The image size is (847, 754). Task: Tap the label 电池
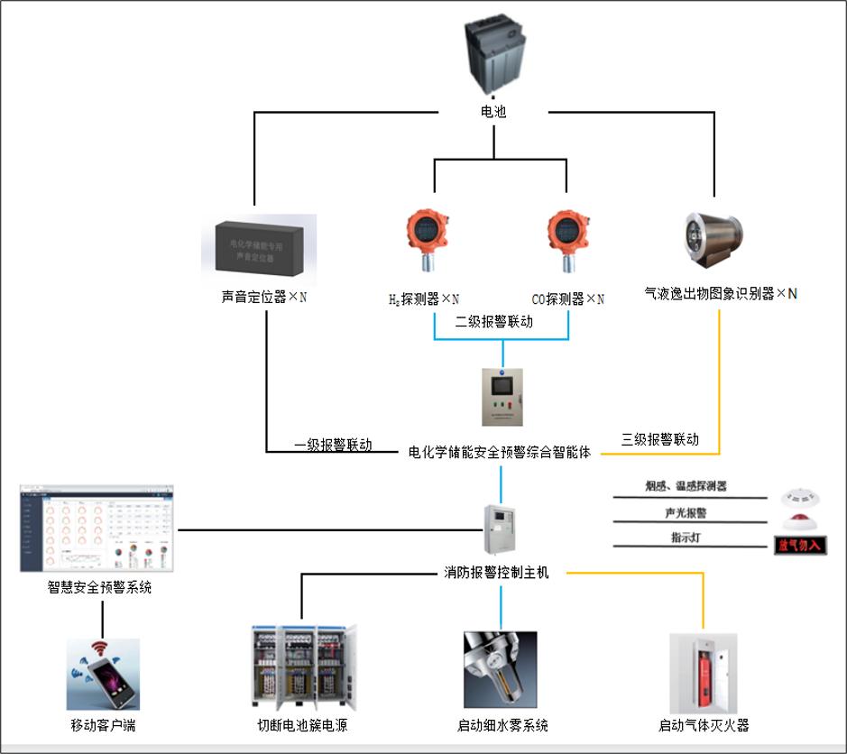click(x=493, y=112)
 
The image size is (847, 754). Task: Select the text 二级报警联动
click(x=493, y=321)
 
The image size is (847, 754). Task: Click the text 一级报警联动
click(x=333, y=445)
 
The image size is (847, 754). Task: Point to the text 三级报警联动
click(x=660, y=439)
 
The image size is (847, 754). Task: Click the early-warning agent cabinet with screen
click(x=502, y=396)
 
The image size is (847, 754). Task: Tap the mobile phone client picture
click(x=103, y=674)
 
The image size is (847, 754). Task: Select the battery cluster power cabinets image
click(x=302, y=667)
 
